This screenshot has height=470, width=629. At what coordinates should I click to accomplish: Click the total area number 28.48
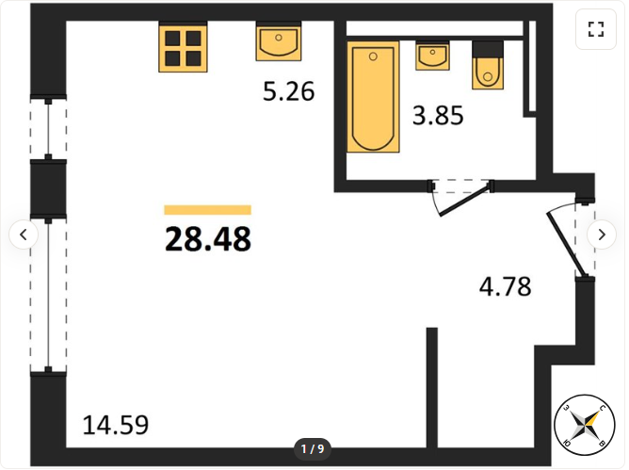[x=208, y=239]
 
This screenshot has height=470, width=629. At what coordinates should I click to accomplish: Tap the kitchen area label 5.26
[x=288, y=91]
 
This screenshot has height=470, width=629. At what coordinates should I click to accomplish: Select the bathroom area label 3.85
[x=438, y=115]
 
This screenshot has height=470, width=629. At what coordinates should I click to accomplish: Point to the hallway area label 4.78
[x=506, y=286]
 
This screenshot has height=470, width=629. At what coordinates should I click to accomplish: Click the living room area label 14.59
[x=116, y=425]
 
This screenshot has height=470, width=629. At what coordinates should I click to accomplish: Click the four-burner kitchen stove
[x=183, y=46]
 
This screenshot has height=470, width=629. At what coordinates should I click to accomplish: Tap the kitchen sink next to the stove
[x=279, y=41]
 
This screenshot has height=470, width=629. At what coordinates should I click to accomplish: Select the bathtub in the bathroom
[x=373, y=97]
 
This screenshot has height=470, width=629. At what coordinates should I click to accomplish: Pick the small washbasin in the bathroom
[x=432, y=56]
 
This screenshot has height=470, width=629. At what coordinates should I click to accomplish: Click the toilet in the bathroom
[x=488, y=65]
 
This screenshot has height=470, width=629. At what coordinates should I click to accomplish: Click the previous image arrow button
[x=24, y=235]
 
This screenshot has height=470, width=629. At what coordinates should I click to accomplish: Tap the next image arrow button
[x=602, y=235]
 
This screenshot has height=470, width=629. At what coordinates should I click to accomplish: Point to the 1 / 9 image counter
[x=313, y=448]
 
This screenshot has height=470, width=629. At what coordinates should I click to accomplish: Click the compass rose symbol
[x=585, y=425]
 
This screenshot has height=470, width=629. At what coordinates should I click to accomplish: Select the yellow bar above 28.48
[x=208, y=210]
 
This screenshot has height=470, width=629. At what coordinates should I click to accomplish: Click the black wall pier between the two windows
[x=49, y=189]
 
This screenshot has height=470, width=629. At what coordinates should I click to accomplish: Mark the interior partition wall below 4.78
[x=432, y=388]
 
